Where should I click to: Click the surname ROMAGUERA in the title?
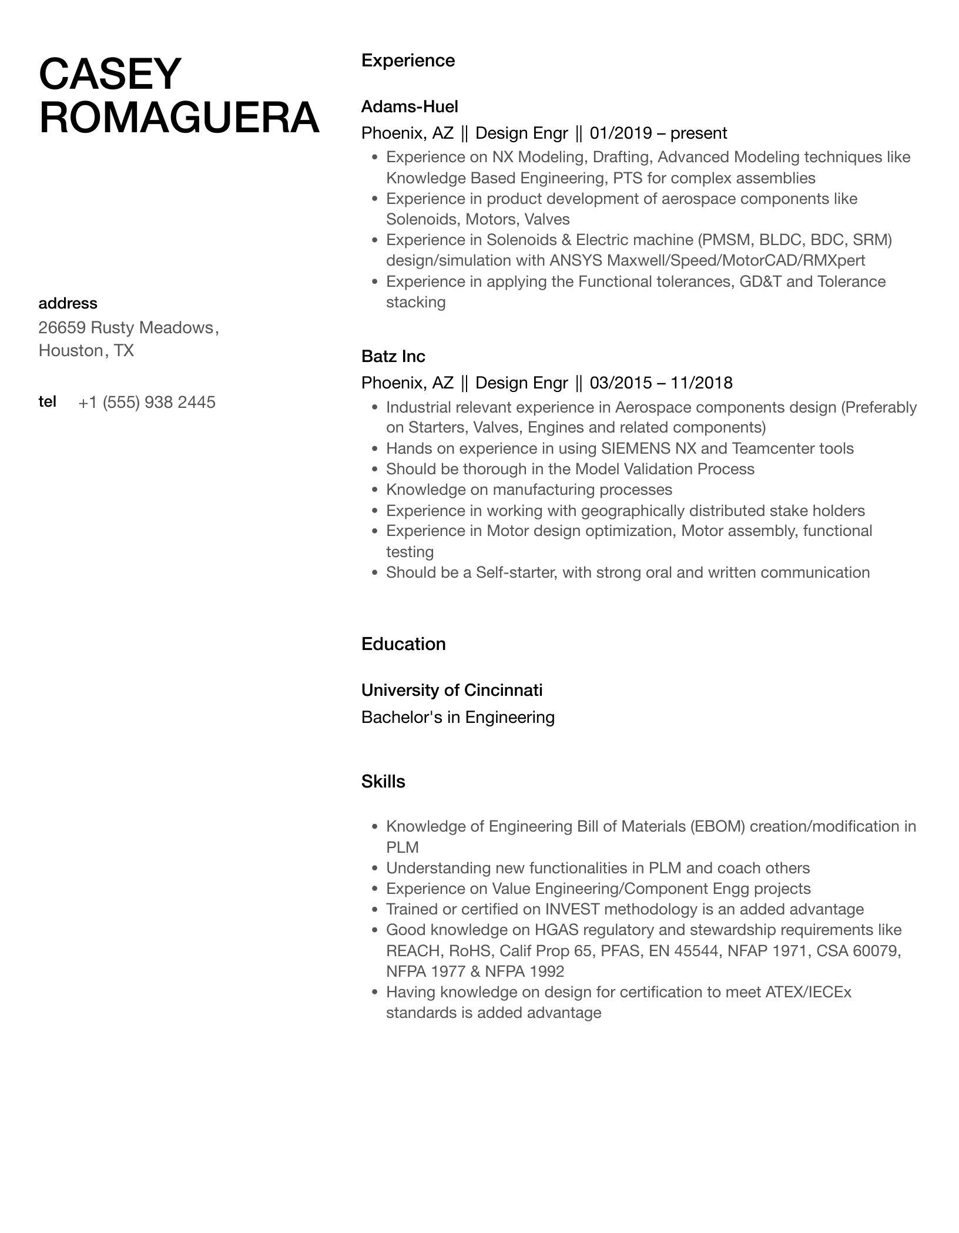pos(179,118)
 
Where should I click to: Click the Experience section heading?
pos(408,61)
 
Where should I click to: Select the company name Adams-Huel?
pos(410,106)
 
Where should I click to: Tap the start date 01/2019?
pos(621,133)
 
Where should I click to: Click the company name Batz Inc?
pos(393,356)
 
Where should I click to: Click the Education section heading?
pos(403,644)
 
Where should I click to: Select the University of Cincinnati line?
pos(451,690)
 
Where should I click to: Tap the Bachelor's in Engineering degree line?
pos(458,717)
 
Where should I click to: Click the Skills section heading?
pos(383,782)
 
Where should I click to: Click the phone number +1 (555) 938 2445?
pos(147,403)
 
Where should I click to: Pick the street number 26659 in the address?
pos(62,327)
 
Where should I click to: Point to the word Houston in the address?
pos(71,351)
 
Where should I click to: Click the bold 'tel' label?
pos(47,402)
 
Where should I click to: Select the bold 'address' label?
pos(68,303)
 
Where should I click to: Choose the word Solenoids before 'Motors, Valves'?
pos(423,219)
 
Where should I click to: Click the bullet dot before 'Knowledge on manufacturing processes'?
pos(374,490)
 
